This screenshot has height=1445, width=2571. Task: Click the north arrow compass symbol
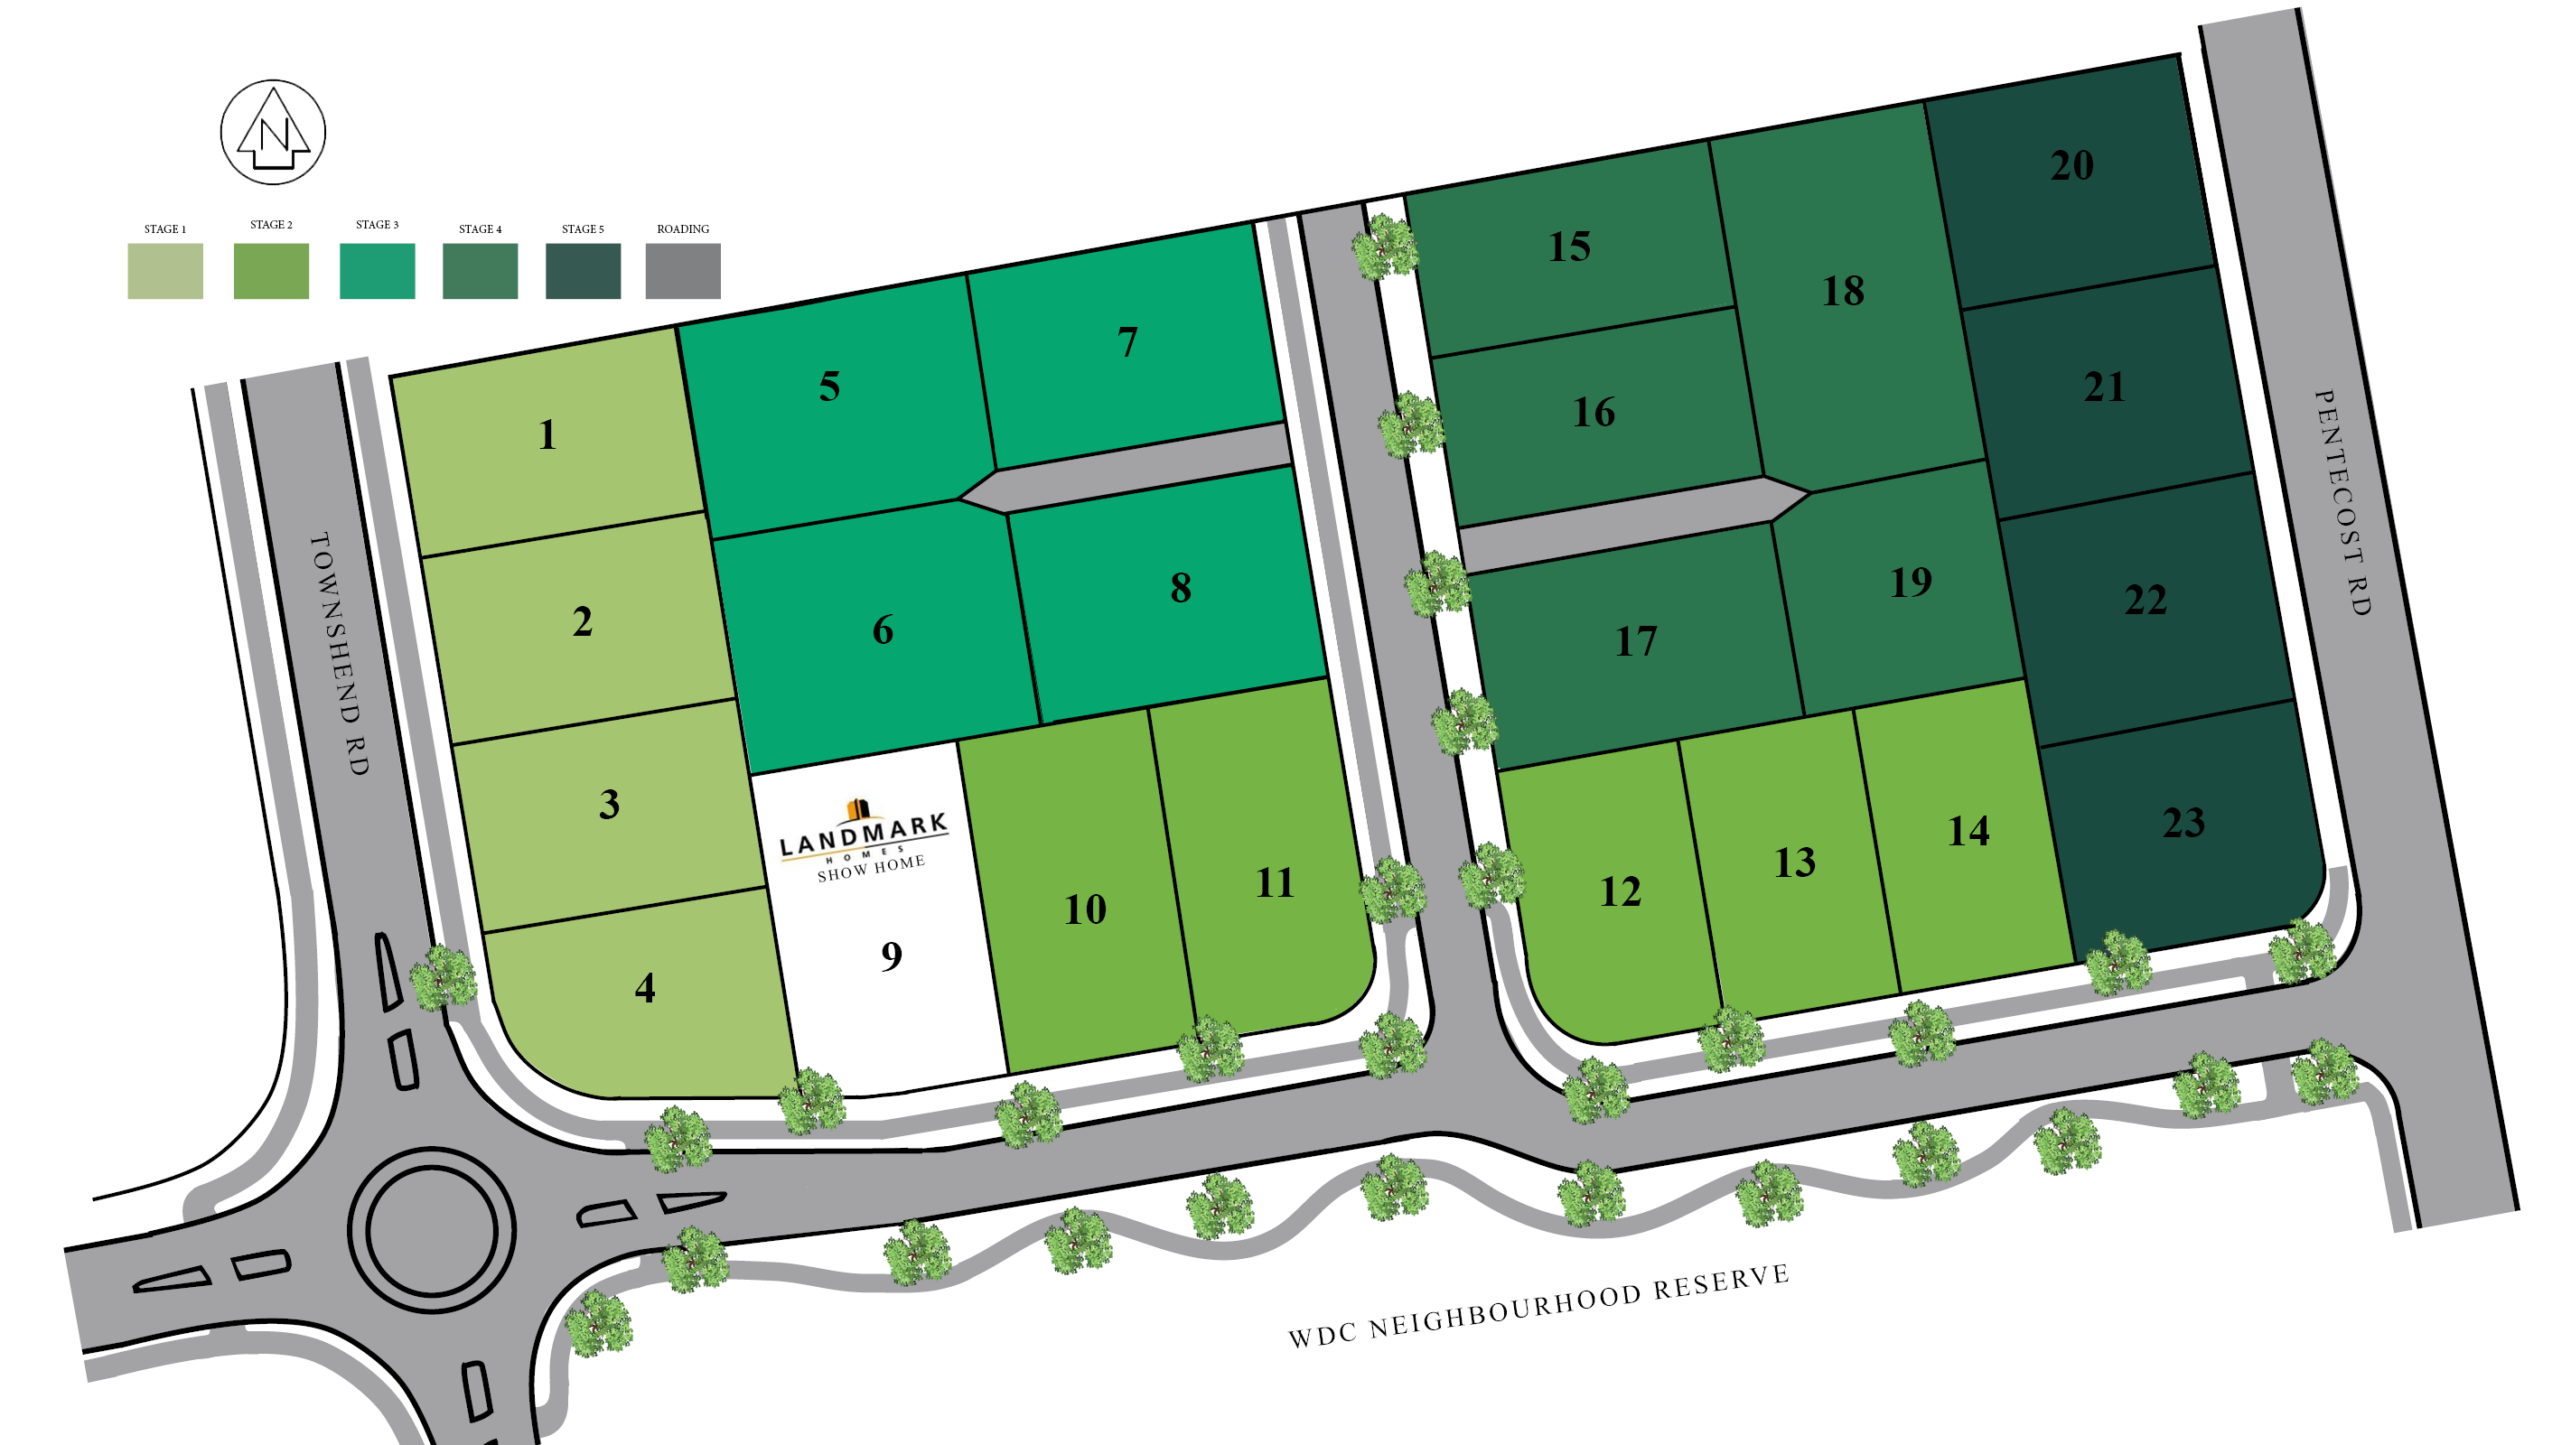273,133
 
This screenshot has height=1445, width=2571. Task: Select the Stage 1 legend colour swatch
164,270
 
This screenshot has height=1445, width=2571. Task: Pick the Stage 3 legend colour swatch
377,270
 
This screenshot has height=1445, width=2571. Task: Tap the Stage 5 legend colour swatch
583,270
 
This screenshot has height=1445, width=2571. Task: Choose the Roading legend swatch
683,270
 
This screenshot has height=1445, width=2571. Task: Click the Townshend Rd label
341,654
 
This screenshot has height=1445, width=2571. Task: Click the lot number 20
2071,165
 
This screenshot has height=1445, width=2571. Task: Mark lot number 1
547,435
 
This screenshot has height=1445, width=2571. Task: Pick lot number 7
1127,342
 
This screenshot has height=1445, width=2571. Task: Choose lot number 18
1842,292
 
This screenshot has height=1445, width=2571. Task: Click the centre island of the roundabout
431,1230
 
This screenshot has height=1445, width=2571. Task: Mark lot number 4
645,988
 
